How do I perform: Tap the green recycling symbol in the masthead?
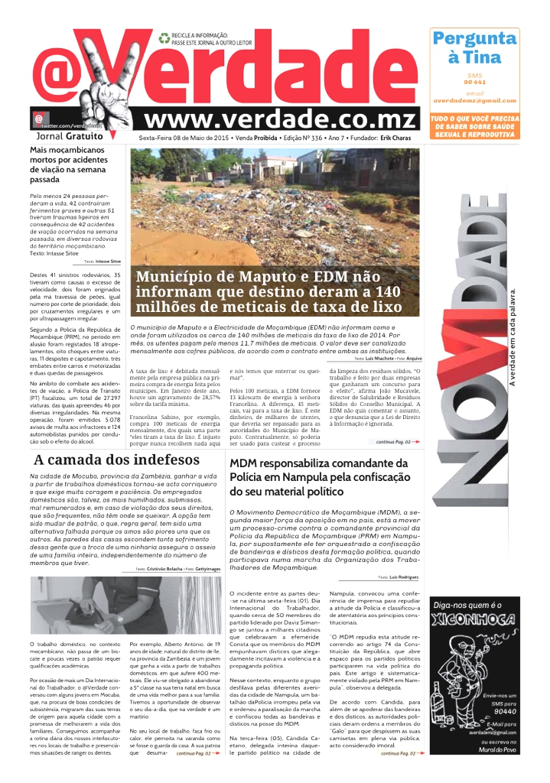click(x=164, y=37)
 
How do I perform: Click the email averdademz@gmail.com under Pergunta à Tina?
click(x=474, y=100)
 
